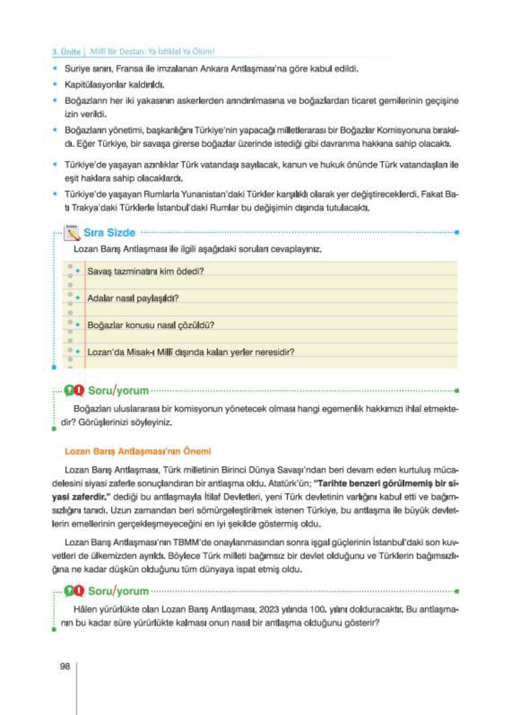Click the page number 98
coord(65,667)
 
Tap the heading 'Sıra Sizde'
coord(109,233)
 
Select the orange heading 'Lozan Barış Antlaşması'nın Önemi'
coord(138,451)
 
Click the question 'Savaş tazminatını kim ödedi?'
coord(145,271)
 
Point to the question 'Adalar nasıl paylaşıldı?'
coord(133,298)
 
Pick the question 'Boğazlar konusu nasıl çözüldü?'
coord(151,325)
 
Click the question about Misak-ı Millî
coord(191,352)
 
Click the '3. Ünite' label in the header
coord(66,52)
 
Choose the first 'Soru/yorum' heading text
coord(118,391)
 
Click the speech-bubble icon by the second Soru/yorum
coord(74,591)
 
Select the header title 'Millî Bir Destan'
coord(117,52)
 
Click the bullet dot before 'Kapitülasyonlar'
coord(55,84)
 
